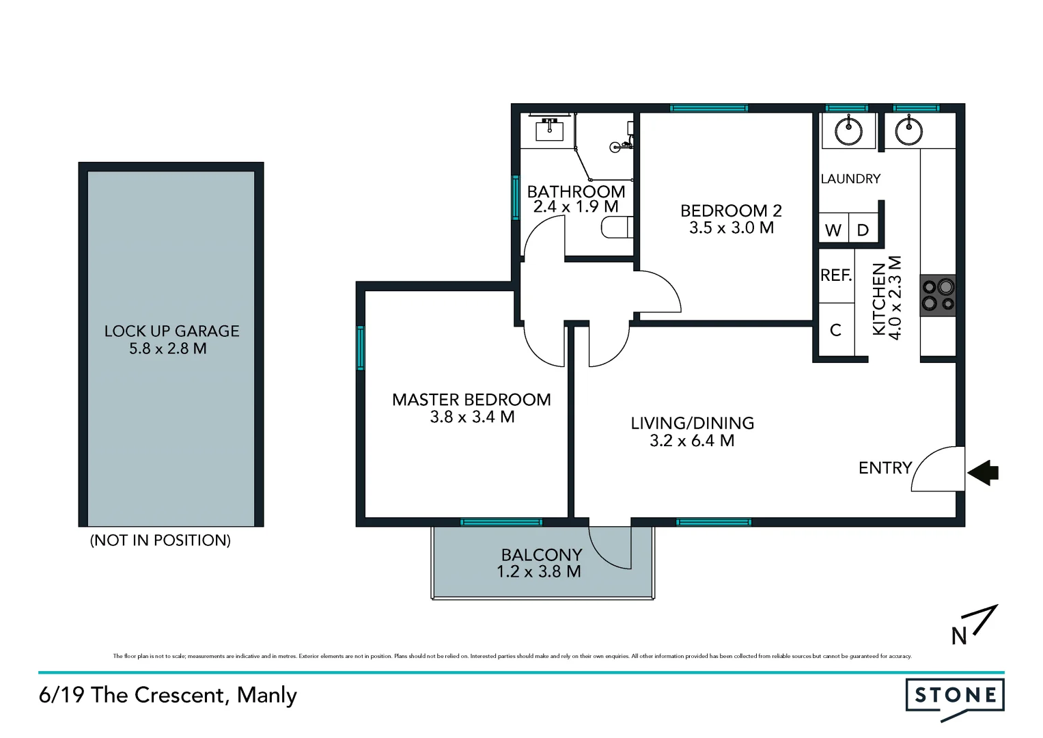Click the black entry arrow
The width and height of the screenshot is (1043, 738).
pyautogui.click(x=983, y=472)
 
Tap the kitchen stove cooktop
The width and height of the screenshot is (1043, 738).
pyautogui.click(x=938, y=295)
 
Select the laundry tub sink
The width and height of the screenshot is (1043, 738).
pyautogui.click(x=848, y=131)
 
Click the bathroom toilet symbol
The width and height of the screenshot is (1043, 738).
pyautogui.click(x=617, y=228)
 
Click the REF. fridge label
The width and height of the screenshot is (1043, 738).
pyautogui.click(x=836, y=275)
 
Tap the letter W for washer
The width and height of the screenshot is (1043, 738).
pyautogui.click(x=833, y=230)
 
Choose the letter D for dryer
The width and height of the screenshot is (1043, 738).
pyautogui.click(x=863, y=230)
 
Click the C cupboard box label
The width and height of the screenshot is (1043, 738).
pyautogui.click(x=835, y=330)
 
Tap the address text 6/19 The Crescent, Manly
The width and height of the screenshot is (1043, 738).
pyautogui.click(x=168, y=696)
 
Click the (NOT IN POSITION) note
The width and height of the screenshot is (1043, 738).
pyautogui.click(x=161, y=541)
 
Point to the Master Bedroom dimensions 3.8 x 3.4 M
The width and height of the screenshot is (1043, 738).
pyautogui.click(x=472, y=417)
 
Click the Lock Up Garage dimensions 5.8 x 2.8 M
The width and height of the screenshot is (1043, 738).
pyautogui.click(x=168, y=348)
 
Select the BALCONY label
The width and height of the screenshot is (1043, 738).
pyautogui.click(x=542, y=555)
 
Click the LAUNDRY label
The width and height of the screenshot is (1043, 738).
pyautogui.click(x=850, y=179)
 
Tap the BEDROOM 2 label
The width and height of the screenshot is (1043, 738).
pyautogui.click(x=731, y=211)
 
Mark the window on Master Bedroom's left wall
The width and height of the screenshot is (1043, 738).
pyautogui.click(x=361, y=348)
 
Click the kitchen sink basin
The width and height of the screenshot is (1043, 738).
pyautogui.click(x=908, y=131)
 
